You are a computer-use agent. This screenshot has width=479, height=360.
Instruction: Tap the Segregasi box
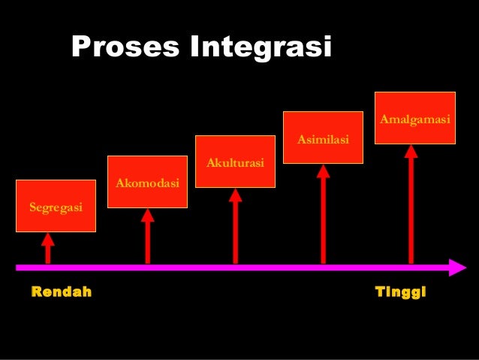(x=56, y=205)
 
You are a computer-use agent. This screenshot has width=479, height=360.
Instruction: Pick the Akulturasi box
(x=235, y=161)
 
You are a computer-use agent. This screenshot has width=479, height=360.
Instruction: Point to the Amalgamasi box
(x=414, y=118)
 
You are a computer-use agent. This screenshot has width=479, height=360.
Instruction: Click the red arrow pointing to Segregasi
(x=48, y=249)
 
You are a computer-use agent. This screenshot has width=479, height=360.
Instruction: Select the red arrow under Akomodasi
(x=147, y=237)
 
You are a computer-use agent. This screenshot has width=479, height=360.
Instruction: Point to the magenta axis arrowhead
(x=457, y=267)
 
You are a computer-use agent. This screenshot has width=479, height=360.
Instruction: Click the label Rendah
(x=62, y=292)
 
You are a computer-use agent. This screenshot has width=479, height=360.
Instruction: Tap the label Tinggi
(x=400, y=292)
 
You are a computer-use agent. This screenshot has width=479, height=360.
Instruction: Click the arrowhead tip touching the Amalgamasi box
(x=411, y=150)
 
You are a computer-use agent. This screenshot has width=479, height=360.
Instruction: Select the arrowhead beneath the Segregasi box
(x=48, y=239)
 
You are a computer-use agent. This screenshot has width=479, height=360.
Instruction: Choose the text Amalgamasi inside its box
(x=414, y=119)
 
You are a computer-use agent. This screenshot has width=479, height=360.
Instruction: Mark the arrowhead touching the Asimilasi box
(x=323, y=170)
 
